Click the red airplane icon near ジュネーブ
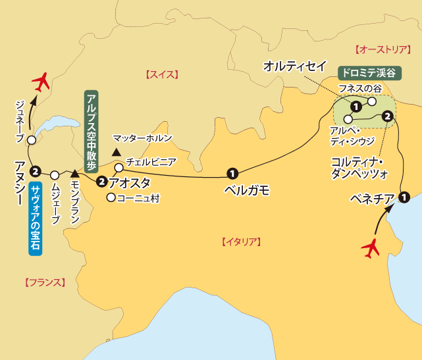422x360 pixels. pyautogui.click(x=41, y=82)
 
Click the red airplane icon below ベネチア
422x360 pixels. pyautogui.click(x=372, y=248)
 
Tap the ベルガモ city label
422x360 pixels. pyautogui.click(x=248, y=190)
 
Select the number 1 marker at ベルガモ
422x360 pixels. pyautogui.click(x=232, y=174)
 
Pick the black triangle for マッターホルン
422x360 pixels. pyautogui.click(x=116, y=152)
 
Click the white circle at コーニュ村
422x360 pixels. pyautogui.click(x=111, y=197)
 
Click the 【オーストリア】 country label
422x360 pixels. pyautogui.click(x=381, y=49)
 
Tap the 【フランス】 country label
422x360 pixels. pyautogui.click(x=45, y=283)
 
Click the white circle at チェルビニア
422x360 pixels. pyautogui.click(x=119, y=167)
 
